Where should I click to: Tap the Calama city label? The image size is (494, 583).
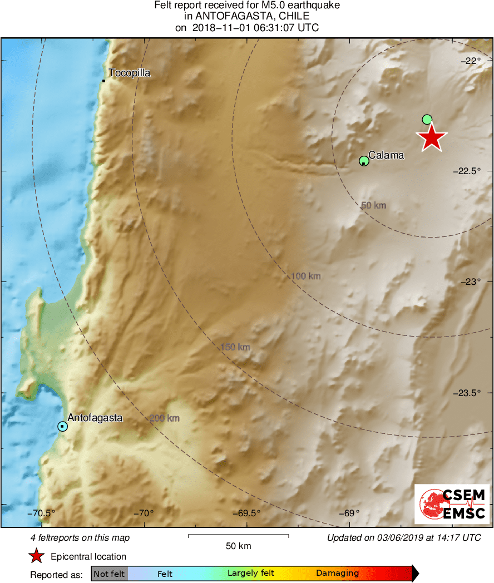pos(386,156)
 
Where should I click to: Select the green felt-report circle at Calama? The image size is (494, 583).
pos(364,161)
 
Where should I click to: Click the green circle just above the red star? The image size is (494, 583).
pos(427,119)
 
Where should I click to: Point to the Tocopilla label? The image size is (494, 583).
pos(130,73)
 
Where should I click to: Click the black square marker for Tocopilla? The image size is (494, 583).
pos(104,81)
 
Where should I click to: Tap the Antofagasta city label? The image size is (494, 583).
pos(95,417)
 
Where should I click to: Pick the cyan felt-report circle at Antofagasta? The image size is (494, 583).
pos(62,426)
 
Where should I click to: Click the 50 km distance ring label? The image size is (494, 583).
pos(373,206)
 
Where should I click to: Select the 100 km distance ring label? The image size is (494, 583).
pos(306,276)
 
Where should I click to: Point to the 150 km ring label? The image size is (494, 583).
pos(235,347)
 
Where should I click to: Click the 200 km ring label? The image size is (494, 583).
pos(165,418)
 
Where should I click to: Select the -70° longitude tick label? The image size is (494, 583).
pos(146,513)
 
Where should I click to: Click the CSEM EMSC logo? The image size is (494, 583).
pos(452,504)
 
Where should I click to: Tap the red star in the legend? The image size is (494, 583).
pos(37,556)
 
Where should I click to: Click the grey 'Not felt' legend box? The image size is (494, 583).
pos(109,574)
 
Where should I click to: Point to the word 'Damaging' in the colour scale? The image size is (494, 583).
pos(337,574)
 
